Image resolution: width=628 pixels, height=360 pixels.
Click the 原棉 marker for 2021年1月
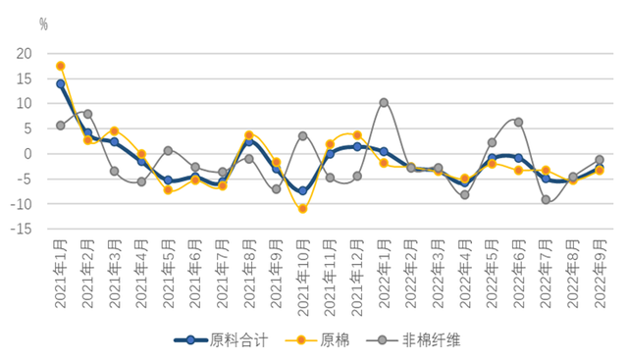61,66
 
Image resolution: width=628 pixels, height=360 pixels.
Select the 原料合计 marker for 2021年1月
61,83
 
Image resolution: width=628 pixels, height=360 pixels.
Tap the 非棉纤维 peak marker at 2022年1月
384,102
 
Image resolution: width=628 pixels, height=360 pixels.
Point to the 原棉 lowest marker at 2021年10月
303,208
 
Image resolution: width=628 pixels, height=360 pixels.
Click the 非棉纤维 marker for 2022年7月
546,199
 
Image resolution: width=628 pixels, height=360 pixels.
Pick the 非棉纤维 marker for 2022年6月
518,122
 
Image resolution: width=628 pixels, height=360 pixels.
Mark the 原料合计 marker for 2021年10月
303,191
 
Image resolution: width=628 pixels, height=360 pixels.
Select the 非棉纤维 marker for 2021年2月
87,114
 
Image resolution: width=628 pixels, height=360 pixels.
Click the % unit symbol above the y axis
43,22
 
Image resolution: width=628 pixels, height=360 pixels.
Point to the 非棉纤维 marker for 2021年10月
303,136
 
